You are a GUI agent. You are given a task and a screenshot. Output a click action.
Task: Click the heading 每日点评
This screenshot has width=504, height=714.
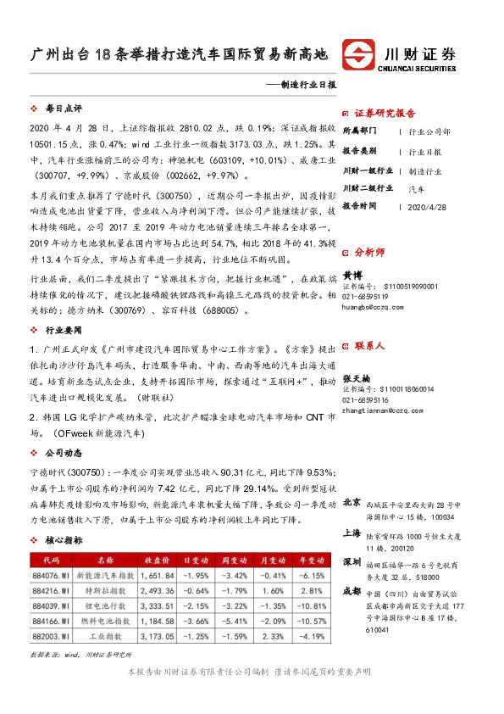pyautogui.click(x=64, y=110)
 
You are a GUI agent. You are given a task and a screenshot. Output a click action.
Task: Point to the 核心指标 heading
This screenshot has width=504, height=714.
pyautogui.click(x=64, y=539)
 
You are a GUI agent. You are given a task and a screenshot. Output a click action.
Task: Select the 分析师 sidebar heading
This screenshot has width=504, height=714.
pyautogui.click(x=369, y=252)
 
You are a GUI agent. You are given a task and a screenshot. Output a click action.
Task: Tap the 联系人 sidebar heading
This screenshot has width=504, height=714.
pyautogui.click(x=369, y=346)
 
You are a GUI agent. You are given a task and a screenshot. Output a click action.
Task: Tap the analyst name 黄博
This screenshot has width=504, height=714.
pyautogui.click(x=351, y=275)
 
